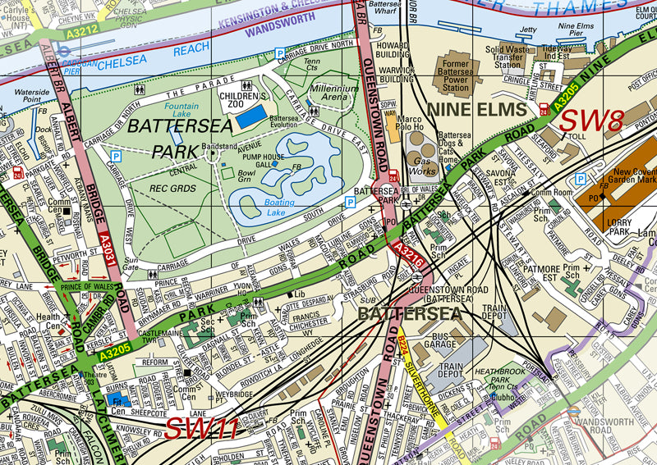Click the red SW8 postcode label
pyautogui.click(x=590, y=121)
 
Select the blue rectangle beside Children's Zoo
pyautogui.click(x=251, y=116)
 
